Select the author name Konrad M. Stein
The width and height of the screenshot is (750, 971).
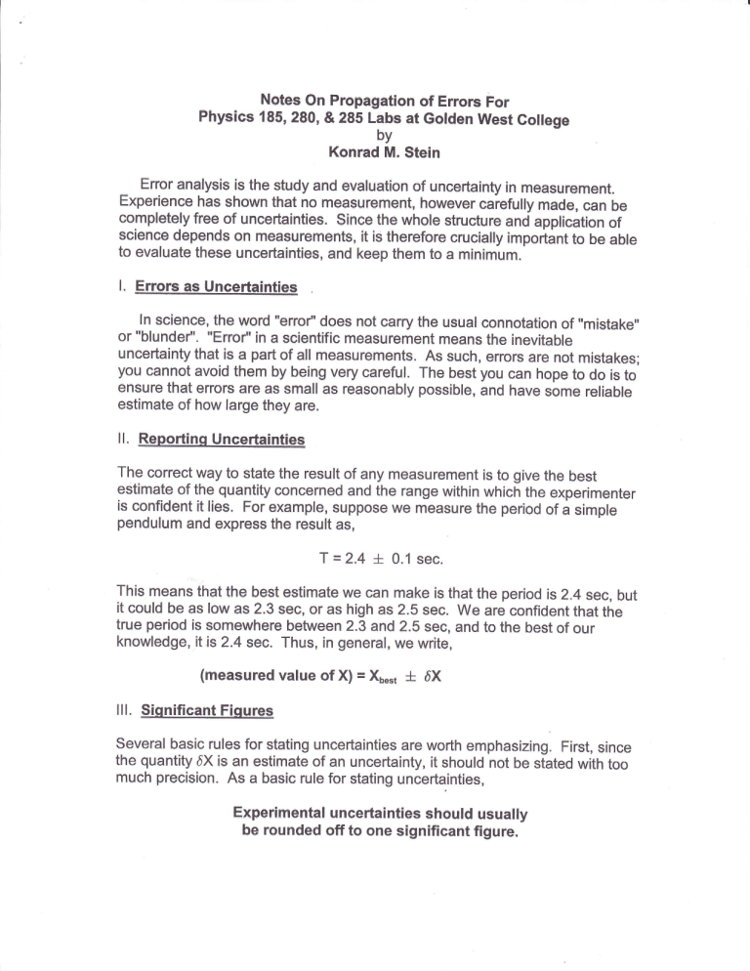pyautogui.click(x=376, y=152)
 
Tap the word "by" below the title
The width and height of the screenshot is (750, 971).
pyautogui.click(x=375, y=135)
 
